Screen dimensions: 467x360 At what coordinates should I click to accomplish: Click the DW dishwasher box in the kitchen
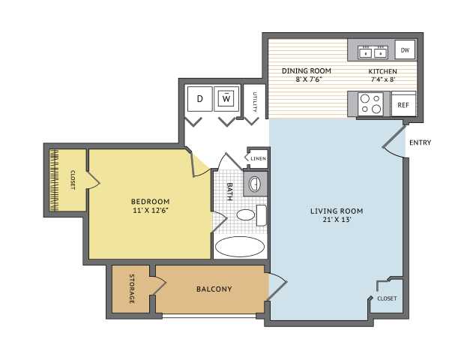[x=405, y=49]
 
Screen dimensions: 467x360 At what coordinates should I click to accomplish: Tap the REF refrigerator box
[x=403, y=104]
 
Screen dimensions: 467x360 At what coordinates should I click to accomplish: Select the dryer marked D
[x=200, y=99]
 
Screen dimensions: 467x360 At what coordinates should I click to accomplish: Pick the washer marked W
[x=226, y=99]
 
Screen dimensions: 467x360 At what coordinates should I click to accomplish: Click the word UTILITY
[x=255, y=102]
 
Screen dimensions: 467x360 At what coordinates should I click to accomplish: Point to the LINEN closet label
[x=258, y=158]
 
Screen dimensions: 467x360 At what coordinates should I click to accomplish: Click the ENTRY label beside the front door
[x=421, y=142]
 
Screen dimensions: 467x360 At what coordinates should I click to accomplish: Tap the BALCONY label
[x=214, y=289]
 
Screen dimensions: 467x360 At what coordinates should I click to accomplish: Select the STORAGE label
[x=132, y=289]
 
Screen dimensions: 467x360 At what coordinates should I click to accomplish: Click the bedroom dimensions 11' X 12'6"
[x=151, y=211]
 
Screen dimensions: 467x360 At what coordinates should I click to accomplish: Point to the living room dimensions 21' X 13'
[x=337, y=220]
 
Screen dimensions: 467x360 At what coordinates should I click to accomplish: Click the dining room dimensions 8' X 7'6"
[x=307, y=79]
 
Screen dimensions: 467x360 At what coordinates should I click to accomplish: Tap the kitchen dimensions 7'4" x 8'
[x=383, y=79]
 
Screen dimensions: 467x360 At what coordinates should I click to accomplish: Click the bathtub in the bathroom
[x=240, y=247]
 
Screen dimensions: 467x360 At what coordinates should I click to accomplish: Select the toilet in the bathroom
[x=252, y=214]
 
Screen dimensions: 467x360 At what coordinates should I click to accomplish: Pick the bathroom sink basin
[x=255, y=184]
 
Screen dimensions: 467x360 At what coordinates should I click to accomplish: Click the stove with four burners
[x=370, y=104]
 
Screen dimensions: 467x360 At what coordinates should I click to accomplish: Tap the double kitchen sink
[x=373, y=52]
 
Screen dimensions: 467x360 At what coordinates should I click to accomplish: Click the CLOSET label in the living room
[x=387, y=298]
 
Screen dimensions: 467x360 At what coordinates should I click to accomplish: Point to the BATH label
[x=229, y=191]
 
